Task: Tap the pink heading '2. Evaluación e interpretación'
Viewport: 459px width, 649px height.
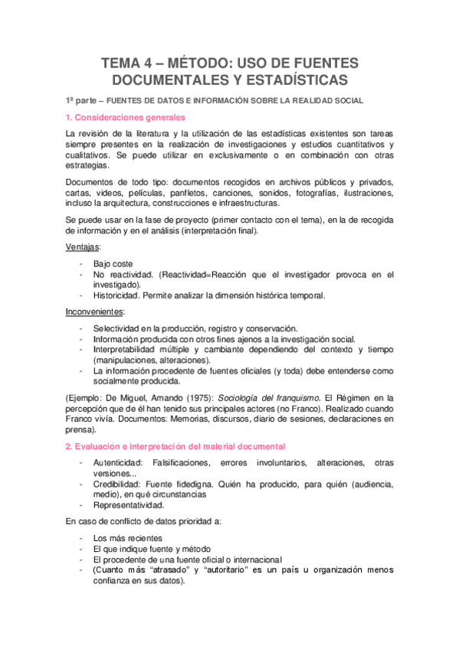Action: click(x=175, y=445)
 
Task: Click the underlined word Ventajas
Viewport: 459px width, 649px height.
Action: click(x=84, y=249)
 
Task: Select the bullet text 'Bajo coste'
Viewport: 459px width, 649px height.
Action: click(x=113, y=263)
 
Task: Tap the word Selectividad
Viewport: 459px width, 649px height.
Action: click(x=120, y=328)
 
